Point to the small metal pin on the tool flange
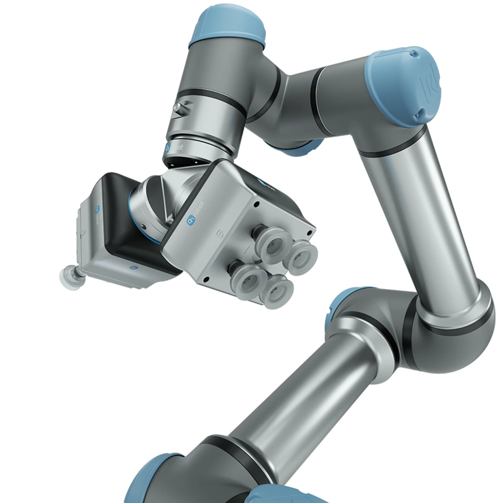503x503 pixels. [177, 107]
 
